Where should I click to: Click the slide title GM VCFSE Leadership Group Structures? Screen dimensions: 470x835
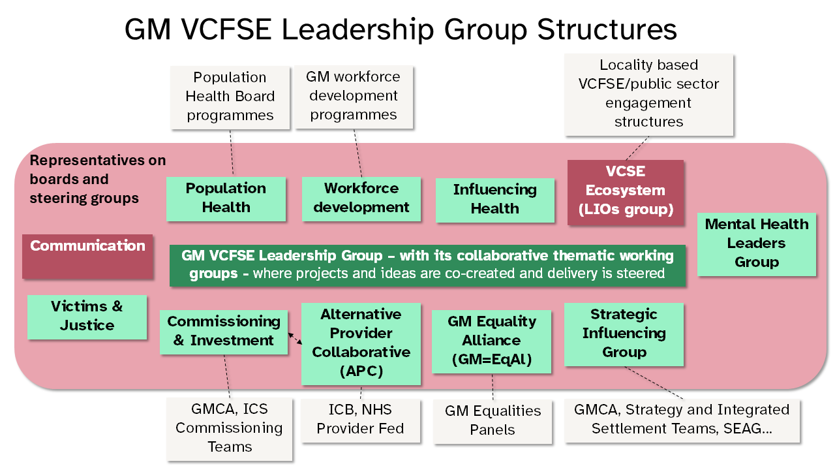[x=401, y=30]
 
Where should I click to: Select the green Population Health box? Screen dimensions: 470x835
[x=226, y=198]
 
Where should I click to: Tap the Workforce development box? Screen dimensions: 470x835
[x=361, y=198]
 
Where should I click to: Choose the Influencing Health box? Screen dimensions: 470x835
[x=494, y=199]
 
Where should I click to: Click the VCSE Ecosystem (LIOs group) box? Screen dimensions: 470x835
[x=625, y=191]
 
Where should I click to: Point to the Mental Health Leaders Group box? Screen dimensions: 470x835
[x=756, y=243]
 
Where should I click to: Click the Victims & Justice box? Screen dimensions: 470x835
[x=87, y=316]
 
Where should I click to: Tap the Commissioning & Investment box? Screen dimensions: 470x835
[x=224, y=331]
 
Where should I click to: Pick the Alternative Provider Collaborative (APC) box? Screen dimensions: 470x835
[x=361, y=343]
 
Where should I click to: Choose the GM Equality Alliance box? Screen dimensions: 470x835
[x=491, y=341]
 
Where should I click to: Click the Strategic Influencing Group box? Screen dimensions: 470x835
[x=624, y=333]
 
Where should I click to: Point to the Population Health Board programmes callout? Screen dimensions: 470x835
[x=230, y=97]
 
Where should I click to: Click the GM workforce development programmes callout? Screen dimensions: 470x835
[x=354, y=96]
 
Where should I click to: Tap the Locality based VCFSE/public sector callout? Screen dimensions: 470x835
[x=648, y=94]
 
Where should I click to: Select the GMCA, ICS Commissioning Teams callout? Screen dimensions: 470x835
[x=229, y=428]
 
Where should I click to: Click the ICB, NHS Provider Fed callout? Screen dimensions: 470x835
[x=360, y=420]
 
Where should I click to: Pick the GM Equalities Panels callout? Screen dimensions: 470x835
[x=493, y=420]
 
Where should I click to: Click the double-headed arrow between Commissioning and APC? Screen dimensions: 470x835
[x=295, y=338]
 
